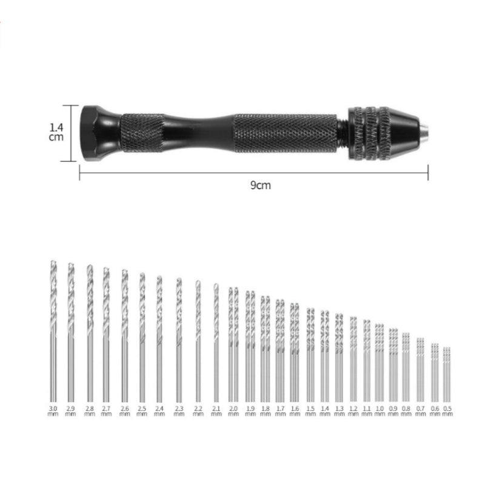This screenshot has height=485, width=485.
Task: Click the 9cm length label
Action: tap(260, 186)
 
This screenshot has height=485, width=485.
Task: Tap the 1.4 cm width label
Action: tap(56, 133)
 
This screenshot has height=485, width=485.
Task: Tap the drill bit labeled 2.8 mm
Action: tap(90, 333)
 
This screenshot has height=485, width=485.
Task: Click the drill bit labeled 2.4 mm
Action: tap(159, 339)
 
